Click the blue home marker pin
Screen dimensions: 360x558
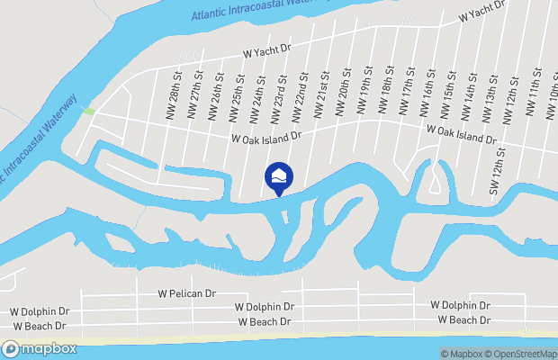point(279,177)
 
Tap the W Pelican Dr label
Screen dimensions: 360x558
point(187,293)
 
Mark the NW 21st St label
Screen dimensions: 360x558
point(321,94)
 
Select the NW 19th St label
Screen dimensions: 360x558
point(366,92)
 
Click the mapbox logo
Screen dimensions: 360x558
point(40,348)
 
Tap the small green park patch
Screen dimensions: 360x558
point(88,111)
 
